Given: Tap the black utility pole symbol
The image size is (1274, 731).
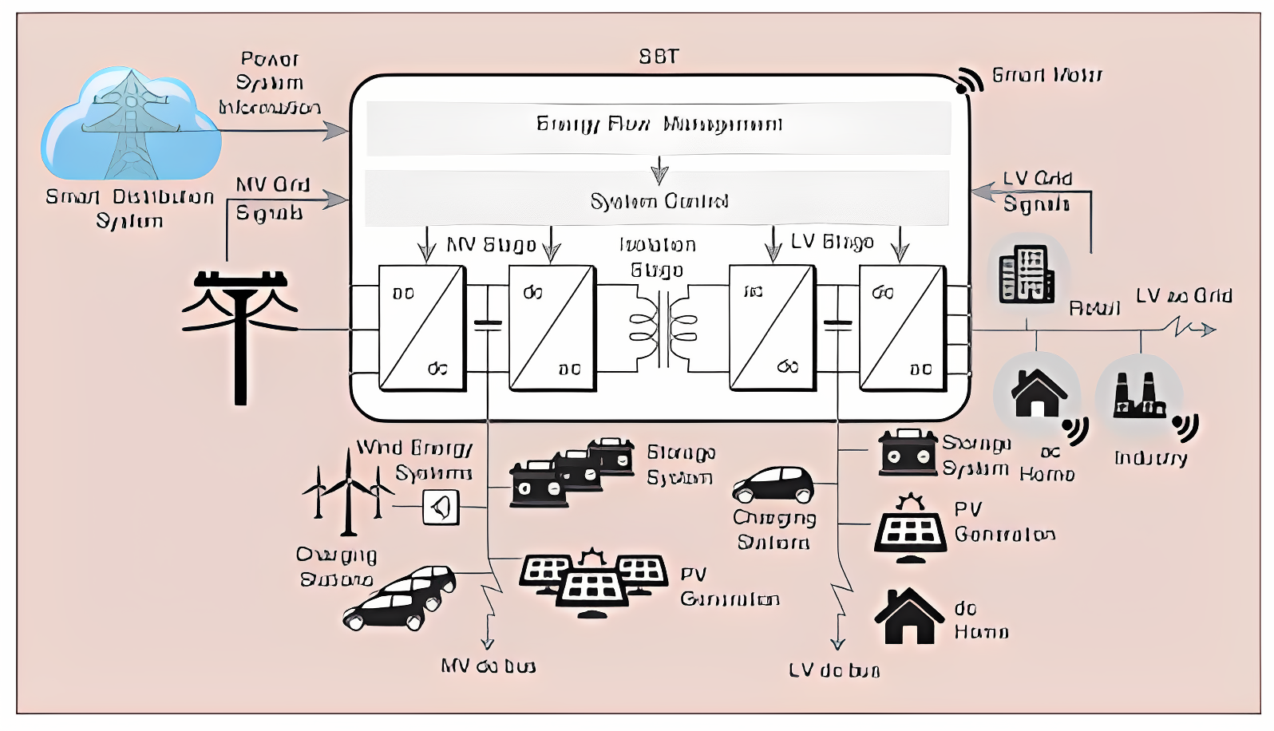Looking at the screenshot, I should coord(240,335).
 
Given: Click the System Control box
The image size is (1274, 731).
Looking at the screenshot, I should coord(657,200).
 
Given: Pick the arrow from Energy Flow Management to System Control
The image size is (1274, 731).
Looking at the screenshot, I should coord(659,169).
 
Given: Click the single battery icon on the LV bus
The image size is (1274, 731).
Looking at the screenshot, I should coord(908,452).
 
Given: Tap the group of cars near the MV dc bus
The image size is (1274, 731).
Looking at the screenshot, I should coord(399,599).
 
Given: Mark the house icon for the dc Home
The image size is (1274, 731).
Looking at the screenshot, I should coord(908,616).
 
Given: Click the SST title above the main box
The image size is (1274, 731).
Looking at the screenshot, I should coord(659,57).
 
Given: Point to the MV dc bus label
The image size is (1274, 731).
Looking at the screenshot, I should coord(488,666).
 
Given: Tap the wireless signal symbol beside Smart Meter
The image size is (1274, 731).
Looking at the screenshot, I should coord(970,80).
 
